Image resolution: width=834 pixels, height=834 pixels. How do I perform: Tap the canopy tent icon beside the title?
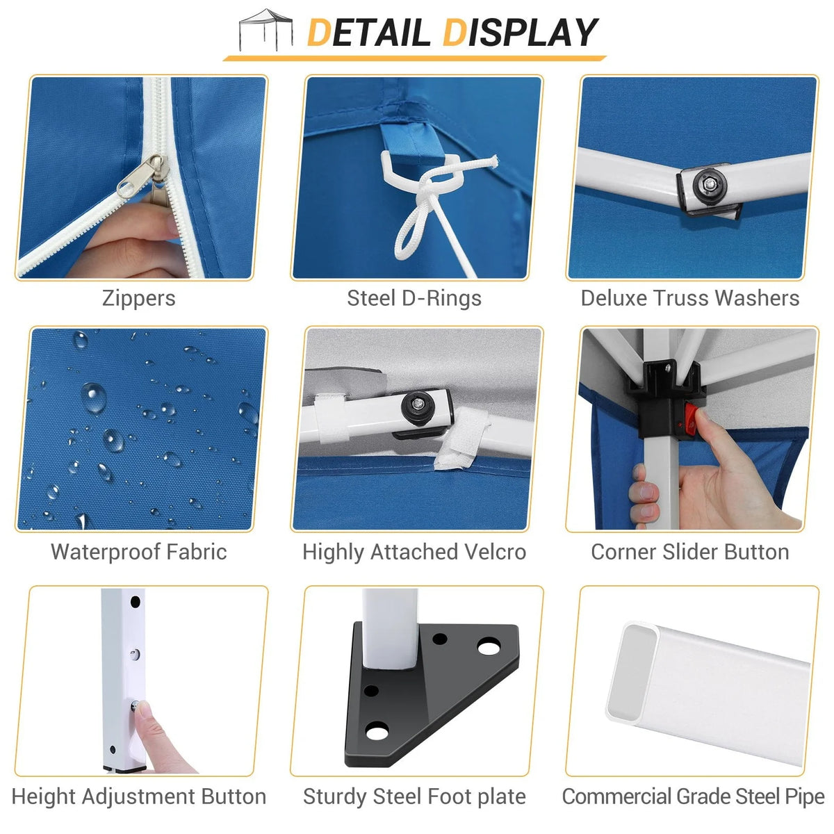click(x=265, y=29)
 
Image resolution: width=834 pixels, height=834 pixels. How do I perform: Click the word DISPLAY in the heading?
click(x=520, y=33)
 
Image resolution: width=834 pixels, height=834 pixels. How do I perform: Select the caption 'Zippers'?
click(x=138, y=299)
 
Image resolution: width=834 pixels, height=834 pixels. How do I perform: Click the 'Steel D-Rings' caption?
click(x=414, y=299)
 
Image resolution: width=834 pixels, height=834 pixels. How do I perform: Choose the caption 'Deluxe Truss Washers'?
click(x=690, y=298)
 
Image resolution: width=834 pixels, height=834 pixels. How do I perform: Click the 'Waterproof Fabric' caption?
click(x=138, y=553)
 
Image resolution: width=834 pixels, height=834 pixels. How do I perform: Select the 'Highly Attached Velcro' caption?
click(x=414, y=553)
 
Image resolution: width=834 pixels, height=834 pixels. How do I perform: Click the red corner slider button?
click(x=692, y=418)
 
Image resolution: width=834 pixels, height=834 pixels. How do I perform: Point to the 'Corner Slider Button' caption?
click(x=690, y=553)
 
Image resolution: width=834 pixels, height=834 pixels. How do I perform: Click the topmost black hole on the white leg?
click(x=135, y=602)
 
